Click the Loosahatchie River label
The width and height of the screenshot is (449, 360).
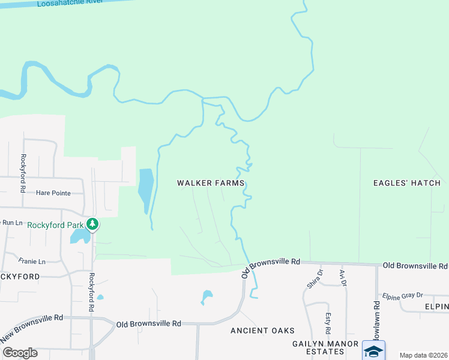tap(71, 4)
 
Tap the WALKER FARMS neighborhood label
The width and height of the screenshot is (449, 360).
tap(210, 182)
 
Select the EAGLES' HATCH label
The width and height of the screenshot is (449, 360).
tap(406, 182)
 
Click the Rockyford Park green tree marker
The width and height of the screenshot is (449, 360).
tap(92, 224)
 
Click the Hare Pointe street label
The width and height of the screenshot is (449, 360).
tap(53, 193)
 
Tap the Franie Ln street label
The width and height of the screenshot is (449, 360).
tap(32, 262)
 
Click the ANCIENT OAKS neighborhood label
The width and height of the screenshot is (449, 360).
tap(263, 331)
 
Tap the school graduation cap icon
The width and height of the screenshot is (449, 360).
tap(373, 350)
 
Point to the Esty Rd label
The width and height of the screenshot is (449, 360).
tap(328, 323)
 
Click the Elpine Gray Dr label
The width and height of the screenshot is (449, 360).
tap(403, 295)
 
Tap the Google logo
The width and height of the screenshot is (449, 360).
tap(20, 352)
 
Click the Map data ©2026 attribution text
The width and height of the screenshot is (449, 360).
tap(422, 355)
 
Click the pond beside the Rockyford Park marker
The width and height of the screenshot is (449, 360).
tap(79, 235)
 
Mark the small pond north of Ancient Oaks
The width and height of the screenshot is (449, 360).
tap(207, 296)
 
